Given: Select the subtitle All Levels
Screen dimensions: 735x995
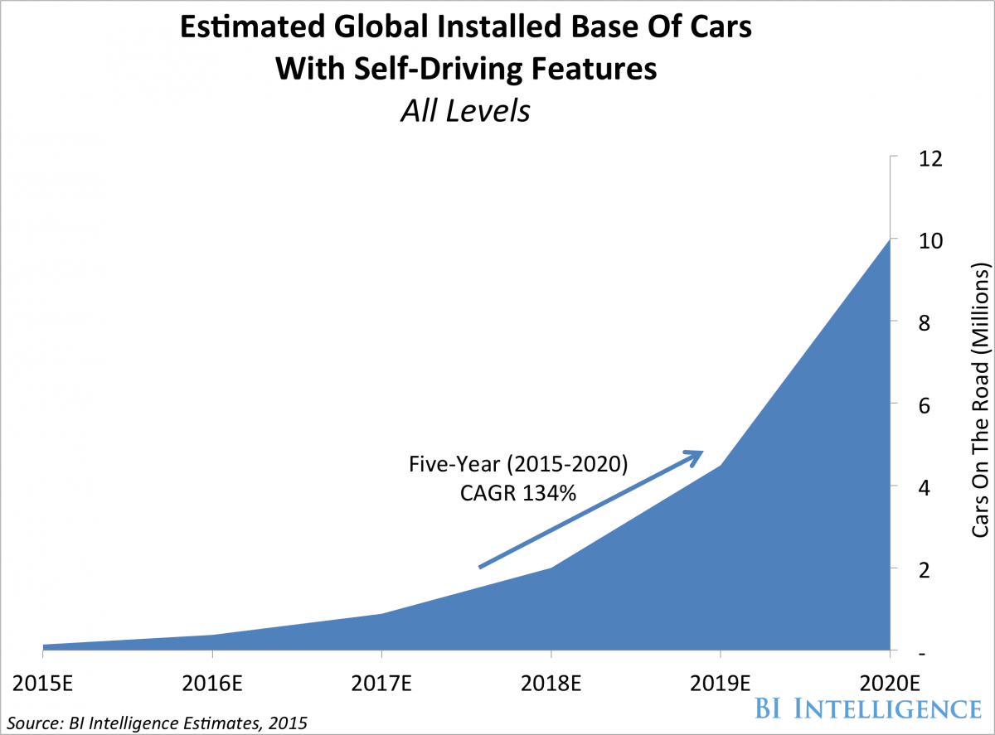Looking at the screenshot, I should pyautogui.click(x=464, y=111).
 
